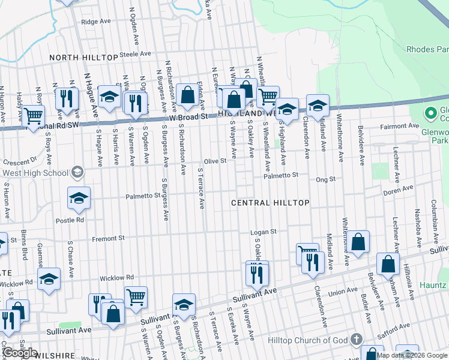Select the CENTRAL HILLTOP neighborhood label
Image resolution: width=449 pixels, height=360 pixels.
(271, 203)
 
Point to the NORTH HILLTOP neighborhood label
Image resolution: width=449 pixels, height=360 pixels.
(83, 57)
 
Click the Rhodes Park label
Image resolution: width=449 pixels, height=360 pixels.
(427, 49)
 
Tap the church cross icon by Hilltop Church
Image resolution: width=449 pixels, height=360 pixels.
(357, 340)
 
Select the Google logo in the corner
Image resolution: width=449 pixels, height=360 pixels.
(20, 353)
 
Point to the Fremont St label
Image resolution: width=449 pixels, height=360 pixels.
(108, 238)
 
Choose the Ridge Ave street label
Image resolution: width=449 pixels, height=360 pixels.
(97, 22)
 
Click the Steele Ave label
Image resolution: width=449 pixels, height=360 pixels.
(136, 53)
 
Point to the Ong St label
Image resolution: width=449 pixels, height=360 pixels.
(325, 179)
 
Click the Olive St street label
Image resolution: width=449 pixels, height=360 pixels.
(215, 161)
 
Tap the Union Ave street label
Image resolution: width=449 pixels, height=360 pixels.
(343, 292)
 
